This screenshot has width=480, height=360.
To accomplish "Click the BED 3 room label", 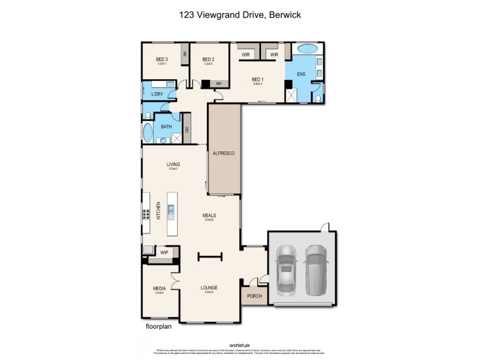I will pos(161,59).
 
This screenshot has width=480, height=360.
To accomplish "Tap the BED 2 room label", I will pos(208,59).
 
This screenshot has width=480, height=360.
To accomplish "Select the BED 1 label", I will pos(257,79).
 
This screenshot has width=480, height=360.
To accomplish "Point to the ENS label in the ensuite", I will pos(301,74).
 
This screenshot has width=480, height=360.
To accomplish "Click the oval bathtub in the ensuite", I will pos(307,48).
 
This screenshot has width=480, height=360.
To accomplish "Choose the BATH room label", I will pos(166,127).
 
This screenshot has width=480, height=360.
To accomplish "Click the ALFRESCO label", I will pos(223,154).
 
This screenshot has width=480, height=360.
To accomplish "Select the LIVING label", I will pos(173,164).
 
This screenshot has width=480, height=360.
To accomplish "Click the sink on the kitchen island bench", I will pos(172,210).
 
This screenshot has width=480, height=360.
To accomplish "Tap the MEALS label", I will pos(209,215).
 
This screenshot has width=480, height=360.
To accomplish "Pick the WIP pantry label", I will pos(164,252).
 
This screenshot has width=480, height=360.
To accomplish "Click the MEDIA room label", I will pos(159,288).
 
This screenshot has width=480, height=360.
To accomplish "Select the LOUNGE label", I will pos(209,288).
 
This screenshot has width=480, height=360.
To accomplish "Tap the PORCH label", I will pos(252,295).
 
